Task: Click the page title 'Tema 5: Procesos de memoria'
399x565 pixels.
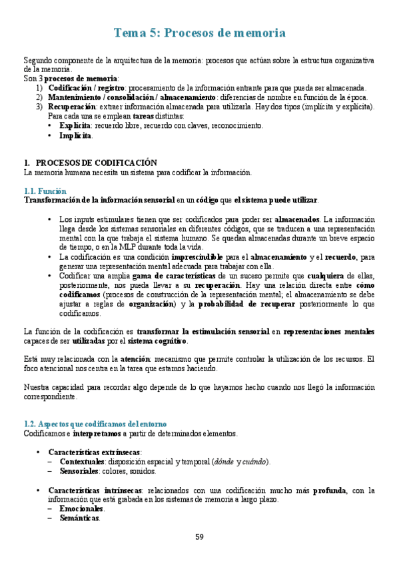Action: [200, 33]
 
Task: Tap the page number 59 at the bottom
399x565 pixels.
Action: [199, 537]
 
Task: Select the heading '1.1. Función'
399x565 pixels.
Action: [45, 191]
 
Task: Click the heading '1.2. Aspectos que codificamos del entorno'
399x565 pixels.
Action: [95, 424]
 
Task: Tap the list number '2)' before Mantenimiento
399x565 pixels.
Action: [39, 97]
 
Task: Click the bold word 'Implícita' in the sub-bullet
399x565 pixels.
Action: [75, 135]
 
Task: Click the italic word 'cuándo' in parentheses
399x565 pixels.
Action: [253, 462]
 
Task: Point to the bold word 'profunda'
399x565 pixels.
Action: [329, 490]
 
